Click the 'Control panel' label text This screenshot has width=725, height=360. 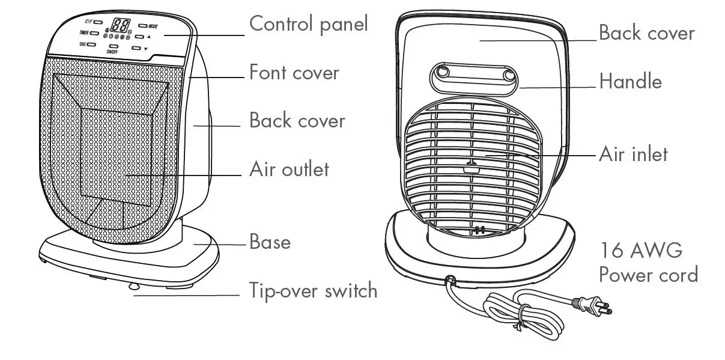(x=308, y=25)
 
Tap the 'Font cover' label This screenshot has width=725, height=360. (x=294, y=73)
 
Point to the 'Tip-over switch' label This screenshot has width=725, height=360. (x=313, y=291)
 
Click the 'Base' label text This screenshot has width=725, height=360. (x=270, y=242)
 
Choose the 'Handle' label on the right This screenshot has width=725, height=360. (x=630, y=81)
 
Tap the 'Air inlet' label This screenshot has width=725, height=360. (x=633, y=154)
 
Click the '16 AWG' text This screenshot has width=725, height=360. (x=640, y=250)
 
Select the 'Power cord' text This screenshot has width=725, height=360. (x=648, y=275)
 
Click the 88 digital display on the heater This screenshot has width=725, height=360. (x=121, y=25)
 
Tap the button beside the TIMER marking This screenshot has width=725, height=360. (x=94, y=32)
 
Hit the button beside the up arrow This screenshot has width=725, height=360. (x=139, y=37)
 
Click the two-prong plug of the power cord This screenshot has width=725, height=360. (x=595, y=307)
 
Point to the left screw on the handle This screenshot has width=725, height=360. (x=443, y=72)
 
